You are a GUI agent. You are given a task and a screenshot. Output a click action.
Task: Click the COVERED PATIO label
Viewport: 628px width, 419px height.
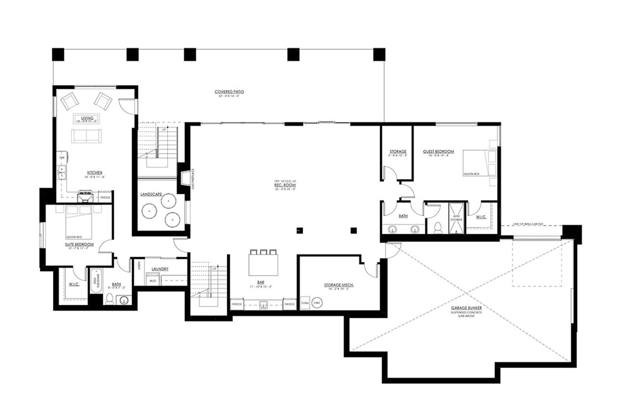229,91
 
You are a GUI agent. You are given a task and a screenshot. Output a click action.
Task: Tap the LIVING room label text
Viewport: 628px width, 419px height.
87,118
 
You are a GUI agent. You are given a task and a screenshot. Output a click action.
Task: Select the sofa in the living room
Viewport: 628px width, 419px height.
86,136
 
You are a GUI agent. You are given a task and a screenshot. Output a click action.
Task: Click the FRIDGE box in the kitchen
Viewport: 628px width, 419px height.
105,197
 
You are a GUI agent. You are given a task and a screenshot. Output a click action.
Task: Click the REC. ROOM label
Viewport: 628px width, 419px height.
285,185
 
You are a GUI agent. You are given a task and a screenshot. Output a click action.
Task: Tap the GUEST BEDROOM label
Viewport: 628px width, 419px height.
438,151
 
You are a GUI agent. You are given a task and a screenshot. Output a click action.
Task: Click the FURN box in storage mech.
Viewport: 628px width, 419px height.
304,303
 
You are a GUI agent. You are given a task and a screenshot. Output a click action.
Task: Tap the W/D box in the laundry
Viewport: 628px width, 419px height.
153,280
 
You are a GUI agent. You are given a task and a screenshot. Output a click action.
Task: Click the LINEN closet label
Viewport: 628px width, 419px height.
138,265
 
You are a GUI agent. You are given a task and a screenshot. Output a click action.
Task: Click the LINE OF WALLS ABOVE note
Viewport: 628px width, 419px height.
528,224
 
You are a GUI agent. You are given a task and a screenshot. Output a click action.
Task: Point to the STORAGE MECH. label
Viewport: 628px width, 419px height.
339,285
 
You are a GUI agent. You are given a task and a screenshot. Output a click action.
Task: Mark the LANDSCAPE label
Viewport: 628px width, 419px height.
151,194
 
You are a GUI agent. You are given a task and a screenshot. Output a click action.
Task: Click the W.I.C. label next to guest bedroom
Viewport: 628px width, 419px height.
481,217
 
